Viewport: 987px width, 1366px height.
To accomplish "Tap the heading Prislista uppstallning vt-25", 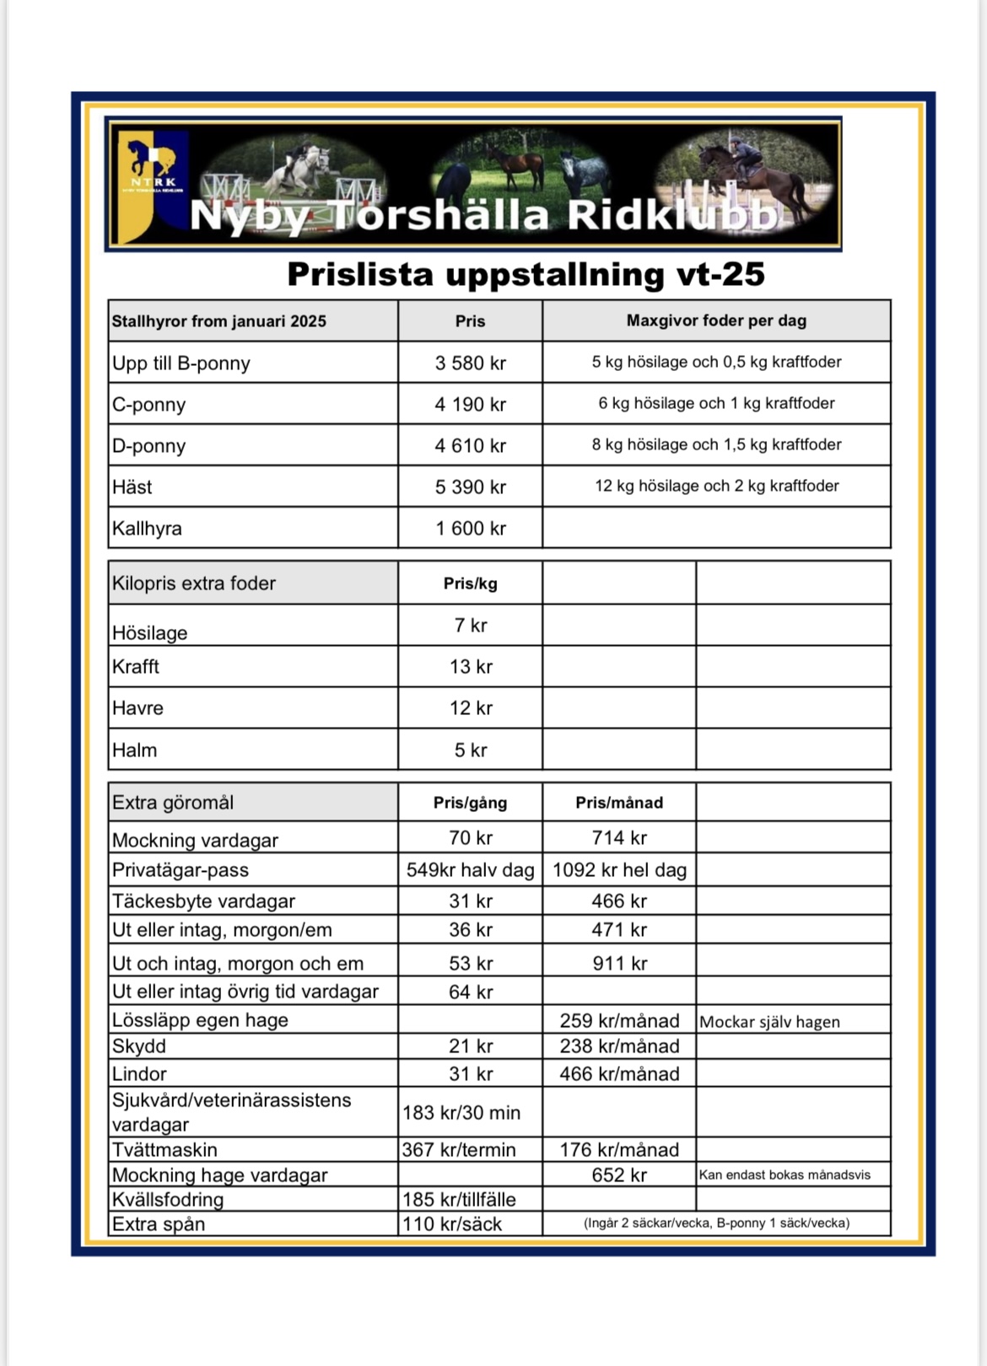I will click(x=526, y=275).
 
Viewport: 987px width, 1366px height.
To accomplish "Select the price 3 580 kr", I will click(x=470, y=363).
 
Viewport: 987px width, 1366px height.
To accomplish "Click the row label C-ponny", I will click(x=149, y=405).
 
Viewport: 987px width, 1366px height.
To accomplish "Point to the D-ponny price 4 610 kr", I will click(x=470, y=446).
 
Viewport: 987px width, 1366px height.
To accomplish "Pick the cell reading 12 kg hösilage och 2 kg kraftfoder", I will click(x=716, y=487).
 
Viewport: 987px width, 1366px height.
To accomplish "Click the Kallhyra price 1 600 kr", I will click(x=470, y=529).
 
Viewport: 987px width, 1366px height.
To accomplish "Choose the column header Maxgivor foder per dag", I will click(x=716, y=321).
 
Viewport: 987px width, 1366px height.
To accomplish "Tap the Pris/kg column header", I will click(x=470, y=584).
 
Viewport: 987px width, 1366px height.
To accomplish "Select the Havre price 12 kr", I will click(x=470, y=708).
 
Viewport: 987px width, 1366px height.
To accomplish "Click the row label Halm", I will click(x=135, y=750).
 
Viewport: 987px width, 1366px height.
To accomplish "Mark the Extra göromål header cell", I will click(x=173, y=803).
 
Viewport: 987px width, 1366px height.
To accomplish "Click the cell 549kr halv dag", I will click(x=470, y=870).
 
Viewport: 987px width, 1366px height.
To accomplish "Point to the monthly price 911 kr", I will click(x=619, y=964).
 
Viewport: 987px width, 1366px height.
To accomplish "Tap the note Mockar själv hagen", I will click(x=769, y=1022).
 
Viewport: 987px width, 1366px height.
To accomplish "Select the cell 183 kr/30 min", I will click(x=461, y=1113).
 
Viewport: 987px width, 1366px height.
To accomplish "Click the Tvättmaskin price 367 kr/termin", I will click(x=459, y=1150).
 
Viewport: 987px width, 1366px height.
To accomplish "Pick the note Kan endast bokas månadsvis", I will click(x=785, y=1175).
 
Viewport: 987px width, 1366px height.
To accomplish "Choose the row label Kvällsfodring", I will click(x=168, y=1200).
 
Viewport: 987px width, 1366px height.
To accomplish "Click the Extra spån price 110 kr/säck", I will click(x=452, y=1224).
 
